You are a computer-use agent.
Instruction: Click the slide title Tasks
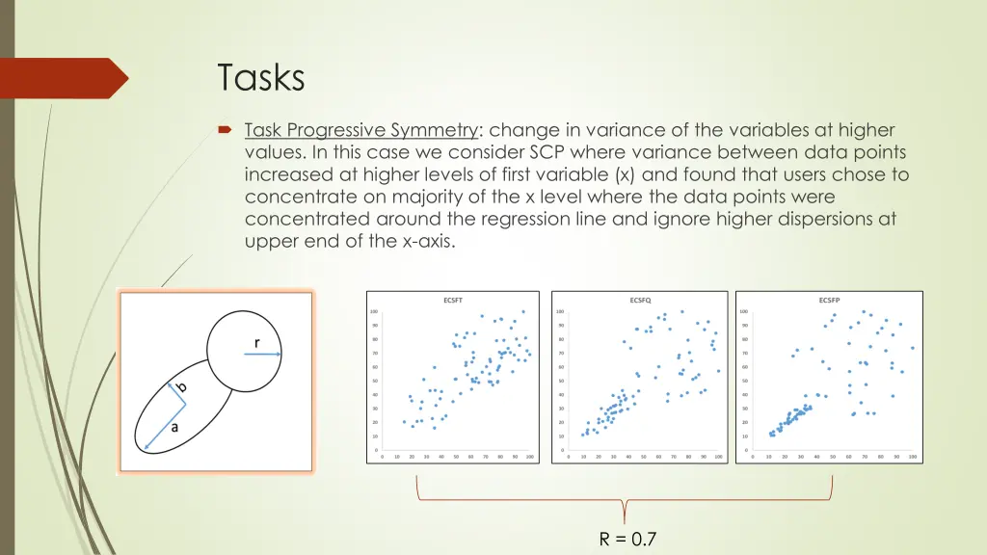pos(260,77)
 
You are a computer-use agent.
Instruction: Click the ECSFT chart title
pos(452,300)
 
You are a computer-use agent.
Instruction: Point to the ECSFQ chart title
pos(639,300)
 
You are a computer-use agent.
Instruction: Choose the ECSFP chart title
pos(828,300)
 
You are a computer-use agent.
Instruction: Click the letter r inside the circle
pos(257,342)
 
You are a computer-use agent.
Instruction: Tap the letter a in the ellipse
pos(174,428)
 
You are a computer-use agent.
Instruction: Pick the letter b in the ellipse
pos(182,386)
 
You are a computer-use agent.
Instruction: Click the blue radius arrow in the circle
pos(262,355)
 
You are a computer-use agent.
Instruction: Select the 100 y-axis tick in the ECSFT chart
pos(373,310)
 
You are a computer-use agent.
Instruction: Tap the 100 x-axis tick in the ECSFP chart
pos(912,457)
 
